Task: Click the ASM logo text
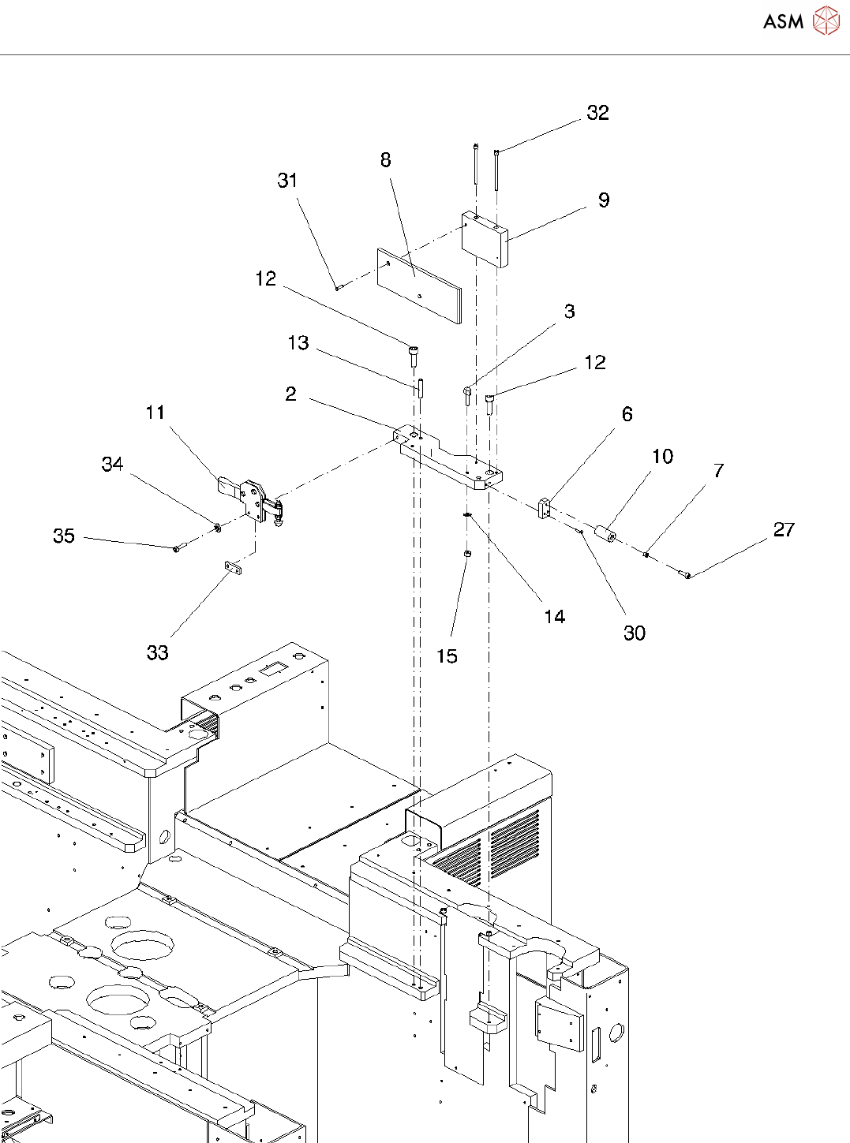tap(783, 22)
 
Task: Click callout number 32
tap(597, 113)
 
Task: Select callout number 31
tap(287, 181)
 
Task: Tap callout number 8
tap(385, 160)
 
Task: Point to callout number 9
tap(604, 200)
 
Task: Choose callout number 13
tap(298, 343)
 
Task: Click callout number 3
tap(570, 312)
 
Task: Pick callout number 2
tap(291, 394)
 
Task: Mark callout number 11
tap(155, 413)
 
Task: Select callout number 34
tap(113, 464)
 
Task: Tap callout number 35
tap(64, 536)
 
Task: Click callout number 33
tap(158, 652)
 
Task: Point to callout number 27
tap(784, 529)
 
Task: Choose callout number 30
tap(635, 633)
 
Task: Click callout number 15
tap(447, 656)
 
